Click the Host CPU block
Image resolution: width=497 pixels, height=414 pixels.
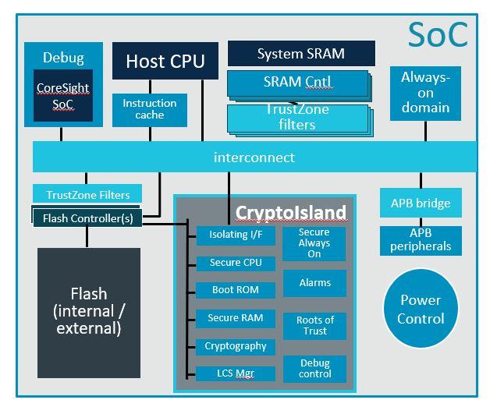click(165, 61)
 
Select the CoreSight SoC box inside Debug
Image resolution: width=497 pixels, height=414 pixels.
click(62, 98)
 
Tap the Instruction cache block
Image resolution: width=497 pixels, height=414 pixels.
click(149, 109)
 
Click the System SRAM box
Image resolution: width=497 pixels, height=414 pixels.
click(301, 54)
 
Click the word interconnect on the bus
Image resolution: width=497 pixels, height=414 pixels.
click(254, 157)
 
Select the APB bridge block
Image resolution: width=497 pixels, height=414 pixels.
click(421, 203)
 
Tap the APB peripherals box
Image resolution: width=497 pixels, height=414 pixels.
click(421, 240)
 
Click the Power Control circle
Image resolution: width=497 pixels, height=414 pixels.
click(421, 309)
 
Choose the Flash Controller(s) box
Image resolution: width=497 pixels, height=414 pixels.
click(87, 218)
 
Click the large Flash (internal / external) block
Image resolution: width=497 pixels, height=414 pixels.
click(89, 311)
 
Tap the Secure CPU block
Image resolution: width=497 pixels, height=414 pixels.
click(236, 263)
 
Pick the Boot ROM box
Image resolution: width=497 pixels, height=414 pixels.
click(235, 290)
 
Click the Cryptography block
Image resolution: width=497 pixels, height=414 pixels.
click(235, 346)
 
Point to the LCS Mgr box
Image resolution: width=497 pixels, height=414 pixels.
click(235, 373)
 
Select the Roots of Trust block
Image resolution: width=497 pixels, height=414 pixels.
click(315, 326)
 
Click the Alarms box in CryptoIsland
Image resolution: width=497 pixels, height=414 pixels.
click(314, 283)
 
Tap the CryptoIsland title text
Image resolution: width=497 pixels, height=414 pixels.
click(290, 212)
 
